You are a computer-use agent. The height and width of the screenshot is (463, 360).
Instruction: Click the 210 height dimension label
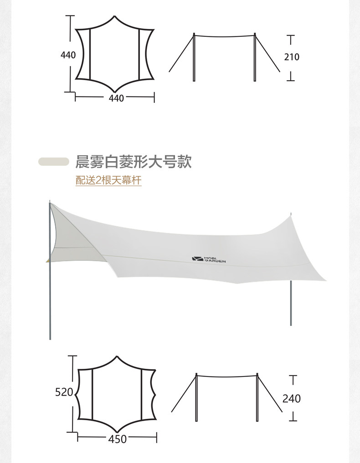[292, 57]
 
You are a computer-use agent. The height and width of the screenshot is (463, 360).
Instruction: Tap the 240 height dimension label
[292, 398]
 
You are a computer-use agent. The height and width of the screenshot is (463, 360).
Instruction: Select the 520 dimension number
[64, 392]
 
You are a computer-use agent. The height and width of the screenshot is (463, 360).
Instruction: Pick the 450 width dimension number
[118, 439]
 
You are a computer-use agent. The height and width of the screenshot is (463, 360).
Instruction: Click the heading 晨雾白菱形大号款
[134, 162]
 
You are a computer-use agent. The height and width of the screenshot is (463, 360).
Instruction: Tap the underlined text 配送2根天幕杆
[108, 181]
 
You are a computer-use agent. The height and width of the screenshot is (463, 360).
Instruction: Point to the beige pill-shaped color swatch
[54, 162]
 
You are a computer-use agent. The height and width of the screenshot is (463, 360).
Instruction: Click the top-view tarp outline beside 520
[117, 395]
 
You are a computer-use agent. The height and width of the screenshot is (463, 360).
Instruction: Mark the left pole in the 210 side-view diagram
[194, 57]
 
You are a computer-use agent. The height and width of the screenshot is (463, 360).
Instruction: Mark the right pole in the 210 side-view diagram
[255, 57]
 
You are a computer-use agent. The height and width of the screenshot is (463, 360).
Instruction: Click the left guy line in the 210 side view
[181, 53]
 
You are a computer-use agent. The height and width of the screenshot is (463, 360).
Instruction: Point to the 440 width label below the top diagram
[117, 97]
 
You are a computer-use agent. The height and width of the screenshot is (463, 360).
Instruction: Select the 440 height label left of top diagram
[68, 55]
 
